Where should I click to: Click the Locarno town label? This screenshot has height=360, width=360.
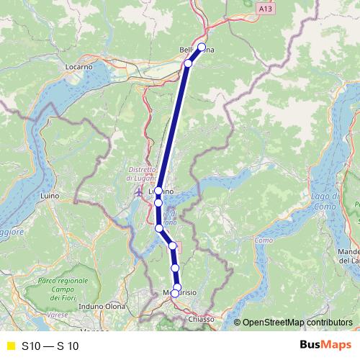tap(80, 67)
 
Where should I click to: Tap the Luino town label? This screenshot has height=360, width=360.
tap(50, 195)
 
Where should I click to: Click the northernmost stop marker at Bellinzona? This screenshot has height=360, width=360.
tap(202, 48)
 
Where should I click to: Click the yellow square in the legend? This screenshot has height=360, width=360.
tap(9, 346)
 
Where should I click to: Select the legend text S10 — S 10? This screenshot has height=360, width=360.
tap(50, 346)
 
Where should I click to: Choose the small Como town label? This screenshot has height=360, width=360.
tap(264, 240)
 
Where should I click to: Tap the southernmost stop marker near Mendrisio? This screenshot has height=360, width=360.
tap(175, 293)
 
